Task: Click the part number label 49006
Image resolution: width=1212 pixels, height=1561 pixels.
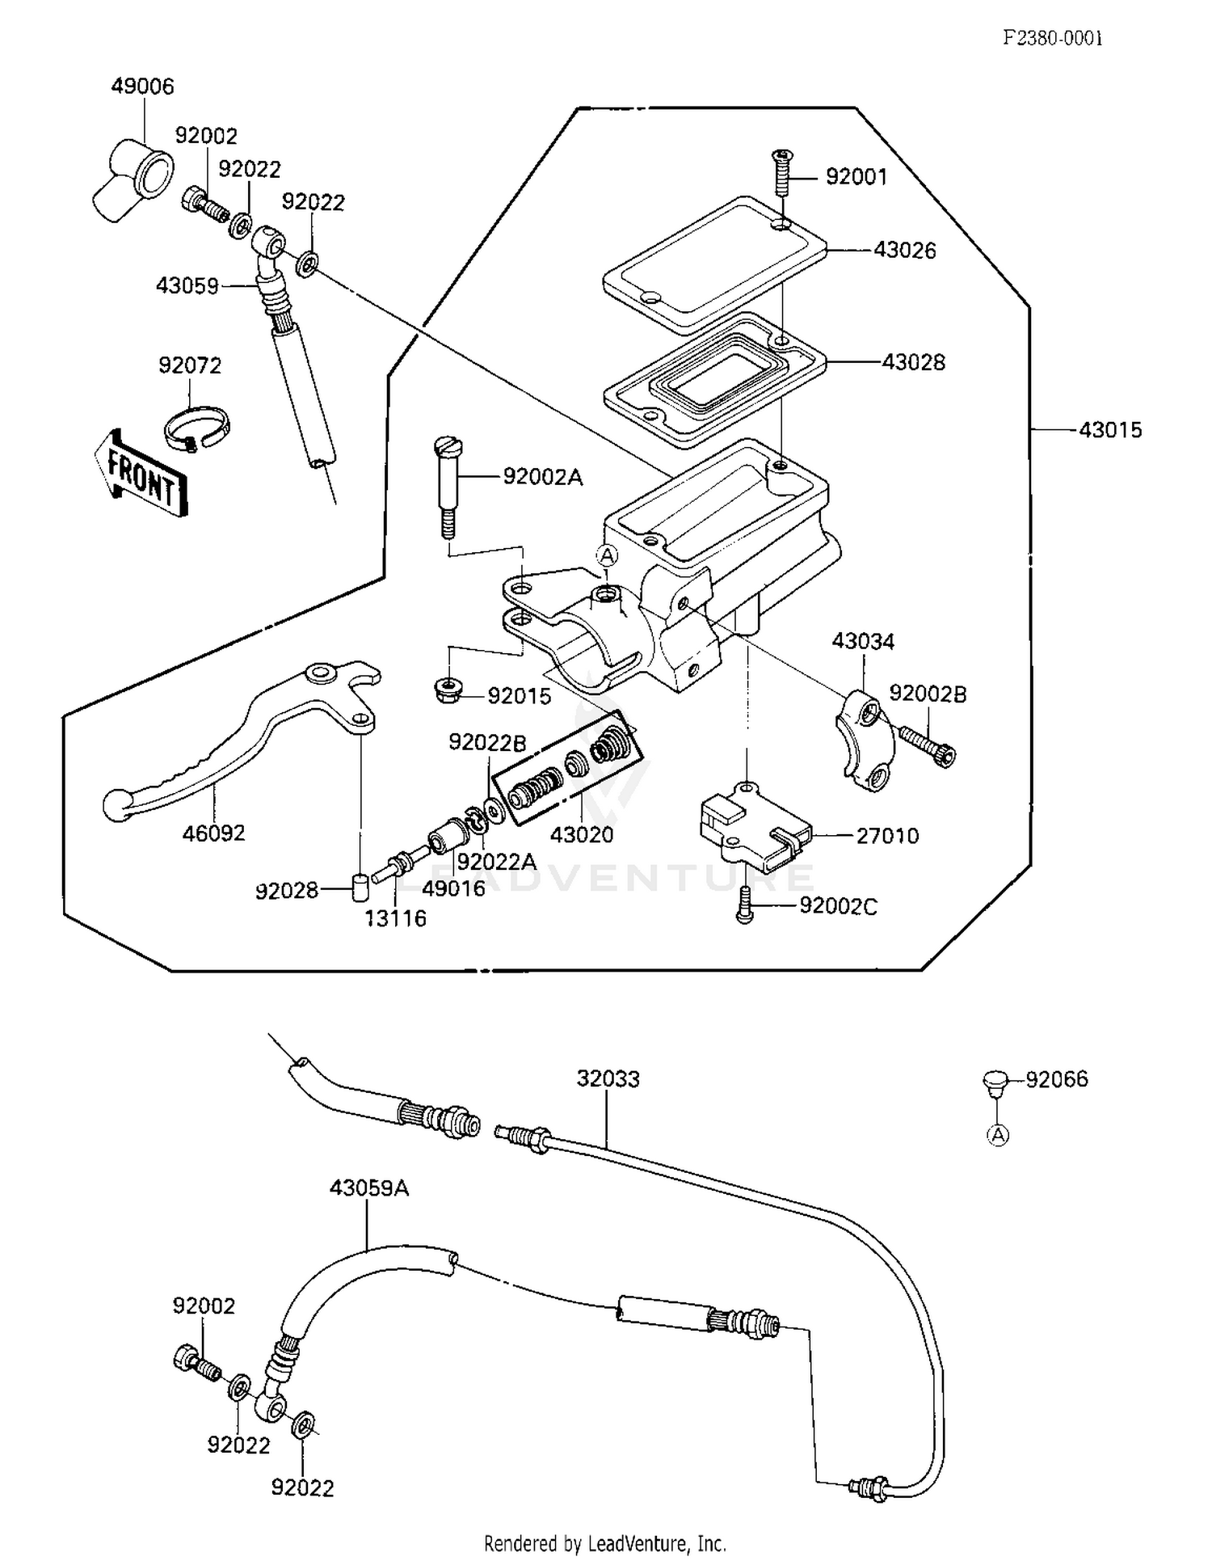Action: pyautogui.click(x=142, y=86)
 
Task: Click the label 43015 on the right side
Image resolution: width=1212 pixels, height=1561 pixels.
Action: pyautogui.click(x=1110, y=430)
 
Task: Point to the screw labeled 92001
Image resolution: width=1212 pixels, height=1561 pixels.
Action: pyautogui.click(x=782, y=171)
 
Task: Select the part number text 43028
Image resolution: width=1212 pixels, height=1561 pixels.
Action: pyautogui.click(x=913, y=362)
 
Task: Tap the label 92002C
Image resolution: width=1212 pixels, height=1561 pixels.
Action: pyautogui.click(x=838, y=906)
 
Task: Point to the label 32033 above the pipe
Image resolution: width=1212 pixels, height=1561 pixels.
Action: pyautogui.click(x=608, y=1079)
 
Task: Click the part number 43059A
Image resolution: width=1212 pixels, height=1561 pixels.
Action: pyautogui.click(x=368, y=1188)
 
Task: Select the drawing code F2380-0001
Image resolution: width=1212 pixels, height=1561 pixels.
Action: pyautogui.click(x=1052, y=38)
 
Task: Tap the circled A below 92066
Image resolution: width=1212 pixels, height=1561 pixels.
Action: pyautogui.click(x=999, y=1136)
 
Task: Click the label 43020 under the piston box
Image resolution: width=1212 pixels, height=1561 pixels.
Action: pyautogui.click(x=582, y=835)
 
